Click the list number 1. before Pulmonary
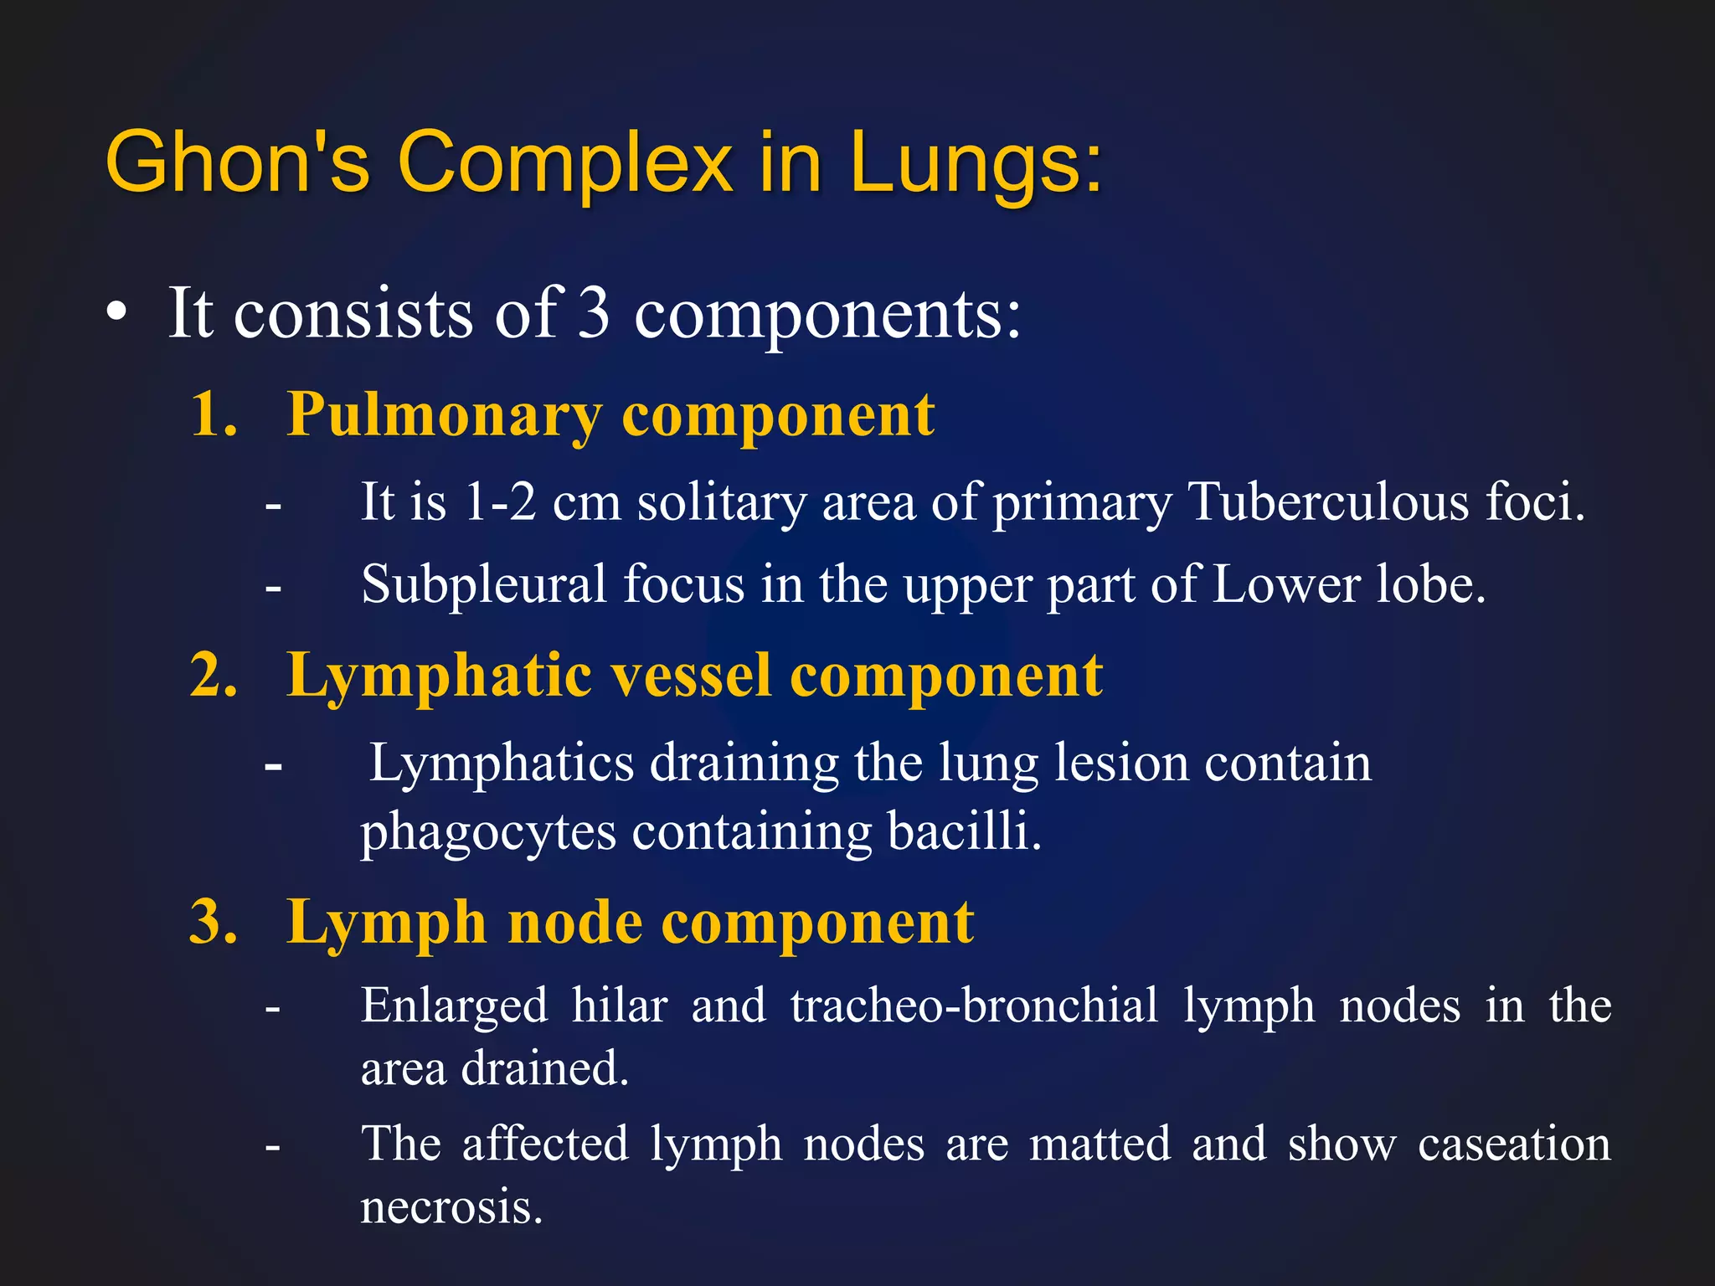click(214, 414)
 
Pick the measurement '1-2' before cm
click(500, 502)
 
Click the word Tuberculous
click(1328, 502)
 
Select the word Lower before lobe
click(1285, 584)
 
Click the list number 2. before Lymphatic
click(214, 675)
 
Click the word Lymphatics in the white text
click(502, 763)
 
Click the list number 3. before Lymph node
click(214, 922)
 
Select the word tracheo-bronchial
click(975, 1005)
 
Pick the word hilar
click(620, 1005)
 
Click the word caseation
click(1514, 1144)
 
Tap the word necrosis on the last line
click(451, 1207)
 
